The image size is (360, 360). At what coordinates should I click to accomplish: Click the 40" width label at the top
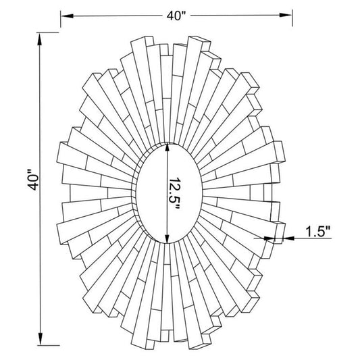pyautogui.click(x=176, y=16)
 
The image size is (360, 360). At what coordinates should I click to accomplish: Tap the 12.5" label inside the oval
pyautogui.click(x=174, y=193)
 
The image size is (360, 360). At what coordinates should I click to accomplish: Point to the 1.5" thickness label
pyautogui.click(x=317, y=232)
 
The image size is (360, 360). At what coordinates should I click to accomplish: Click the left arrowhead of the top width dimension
pyautogui.click(x=67, y=16)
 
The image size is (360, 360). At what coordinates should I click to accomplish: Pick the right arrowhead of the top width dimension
pyautogui.click(x=286, y=15)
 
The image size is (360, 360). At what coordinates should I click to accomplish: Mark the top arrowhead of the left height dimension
pyautogui.click(x=40, y=39)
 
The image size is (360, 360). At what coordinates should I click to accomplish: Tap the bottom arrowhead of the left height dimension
pyautogui.click(x=41, y=338)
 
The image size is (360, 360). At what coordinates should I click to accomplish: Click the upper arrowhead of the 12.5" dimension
pyautogui.click(x=168, y=148)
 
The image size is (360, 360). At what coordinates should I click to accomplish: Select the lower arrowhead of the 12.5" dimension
pyautogui.click(x=168, y=238)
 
